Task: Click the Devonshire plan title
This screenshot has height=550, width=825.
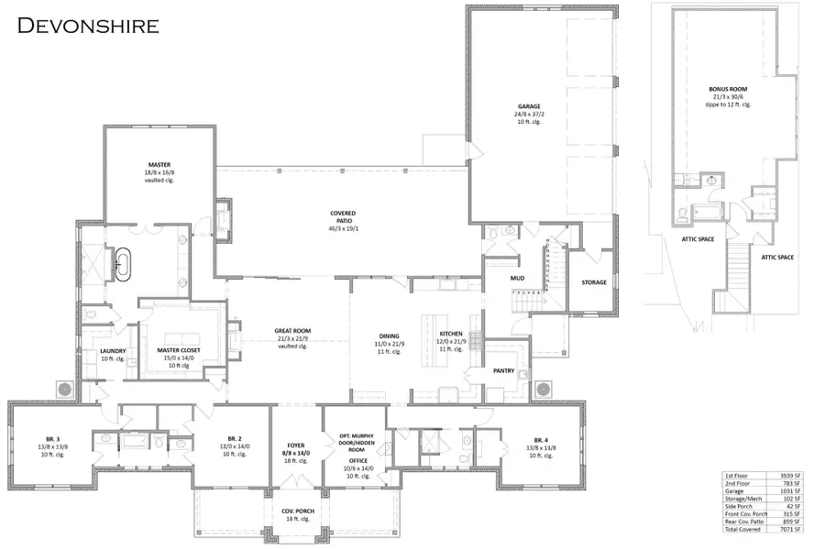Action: coord(88,25)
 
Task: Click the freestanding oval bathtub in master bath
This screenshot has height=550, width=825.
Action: coord(122,262)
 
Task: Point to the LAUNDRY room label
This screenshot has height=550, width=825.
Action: coord(112,351)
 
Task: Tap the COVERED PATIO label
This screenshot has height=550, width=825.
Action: coord(343,213)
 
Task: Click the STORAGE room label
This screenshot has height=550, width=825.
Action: coord(593,282)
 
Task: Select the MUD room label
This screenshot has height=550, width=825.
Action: coord(517,275)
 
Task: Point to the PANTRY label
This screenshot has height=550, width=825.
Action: coord(503,371)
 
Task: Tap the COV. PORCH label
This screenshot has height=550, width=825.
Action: coord(295,511)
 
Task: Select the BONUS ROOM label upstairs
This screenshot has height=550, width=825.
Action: coord(728,90)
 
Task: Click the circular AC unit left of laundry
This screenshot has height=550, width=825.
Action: coord(66,389)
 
